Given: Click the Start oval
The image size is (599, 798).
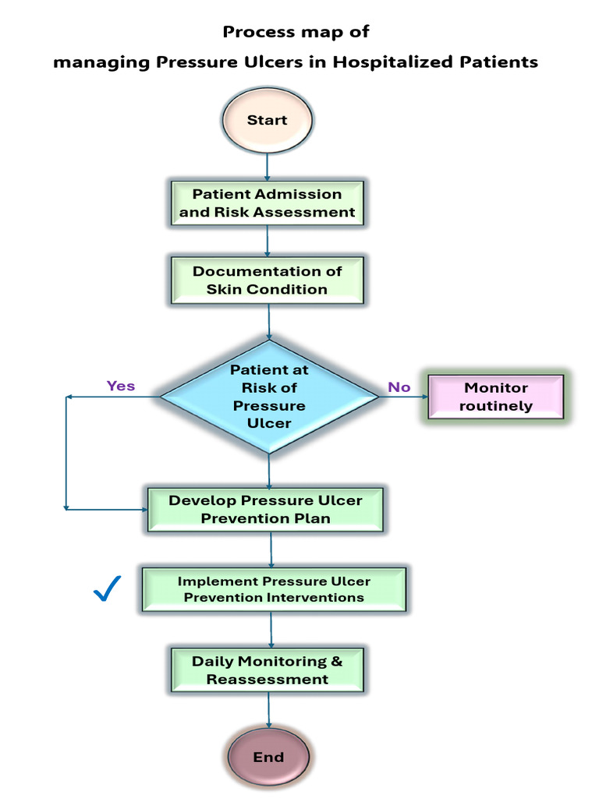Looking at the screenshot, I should tap(268, 121).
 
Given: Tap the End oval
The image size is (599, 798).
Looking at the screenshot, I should tap(268, 757).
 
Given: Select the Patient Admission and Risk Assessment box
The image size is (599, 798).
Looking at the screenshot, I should tap(268, 203).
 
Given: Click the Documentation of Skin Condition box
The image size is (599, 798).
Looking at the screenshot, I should tap(268, 281).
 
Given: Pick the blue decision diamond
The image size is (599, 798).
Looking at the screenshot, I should tap(269, 397).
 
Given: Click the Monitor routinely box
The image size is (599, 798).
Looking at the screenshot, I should tap(496, 397).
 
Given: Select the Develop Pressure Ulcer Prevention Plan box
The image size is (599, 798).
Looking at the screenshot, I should tap(266, 510).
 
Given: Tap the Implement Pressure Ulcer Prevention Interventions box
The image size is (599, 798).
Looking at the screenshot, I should tap(274, 589).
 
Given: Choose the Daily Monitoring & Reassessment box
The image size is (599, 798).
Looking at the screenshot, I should tap(268, 670).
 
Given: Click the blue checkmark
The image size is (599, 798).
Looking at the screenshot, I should tap(107, 589).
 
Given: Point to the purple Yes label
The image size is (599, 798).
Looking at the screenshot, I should tap(121, 386).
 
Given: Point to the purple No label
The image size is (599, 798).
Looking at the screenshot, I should tap(399, 387).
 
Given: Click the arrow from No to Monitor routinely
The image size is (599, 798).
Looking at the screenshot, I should tap(404, 397).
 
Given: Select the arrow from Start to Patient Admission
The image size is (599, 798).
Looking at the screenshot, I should tap(268, 167).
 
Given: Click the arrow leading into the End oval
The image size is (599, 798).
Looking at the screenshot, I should tap(268, 712).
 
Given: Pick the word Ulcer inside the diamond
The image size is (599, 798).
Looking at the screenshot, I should tap(269, 423).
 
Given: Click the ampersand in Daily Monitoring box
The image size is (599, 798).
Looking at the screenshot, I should tap(336, 662).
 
